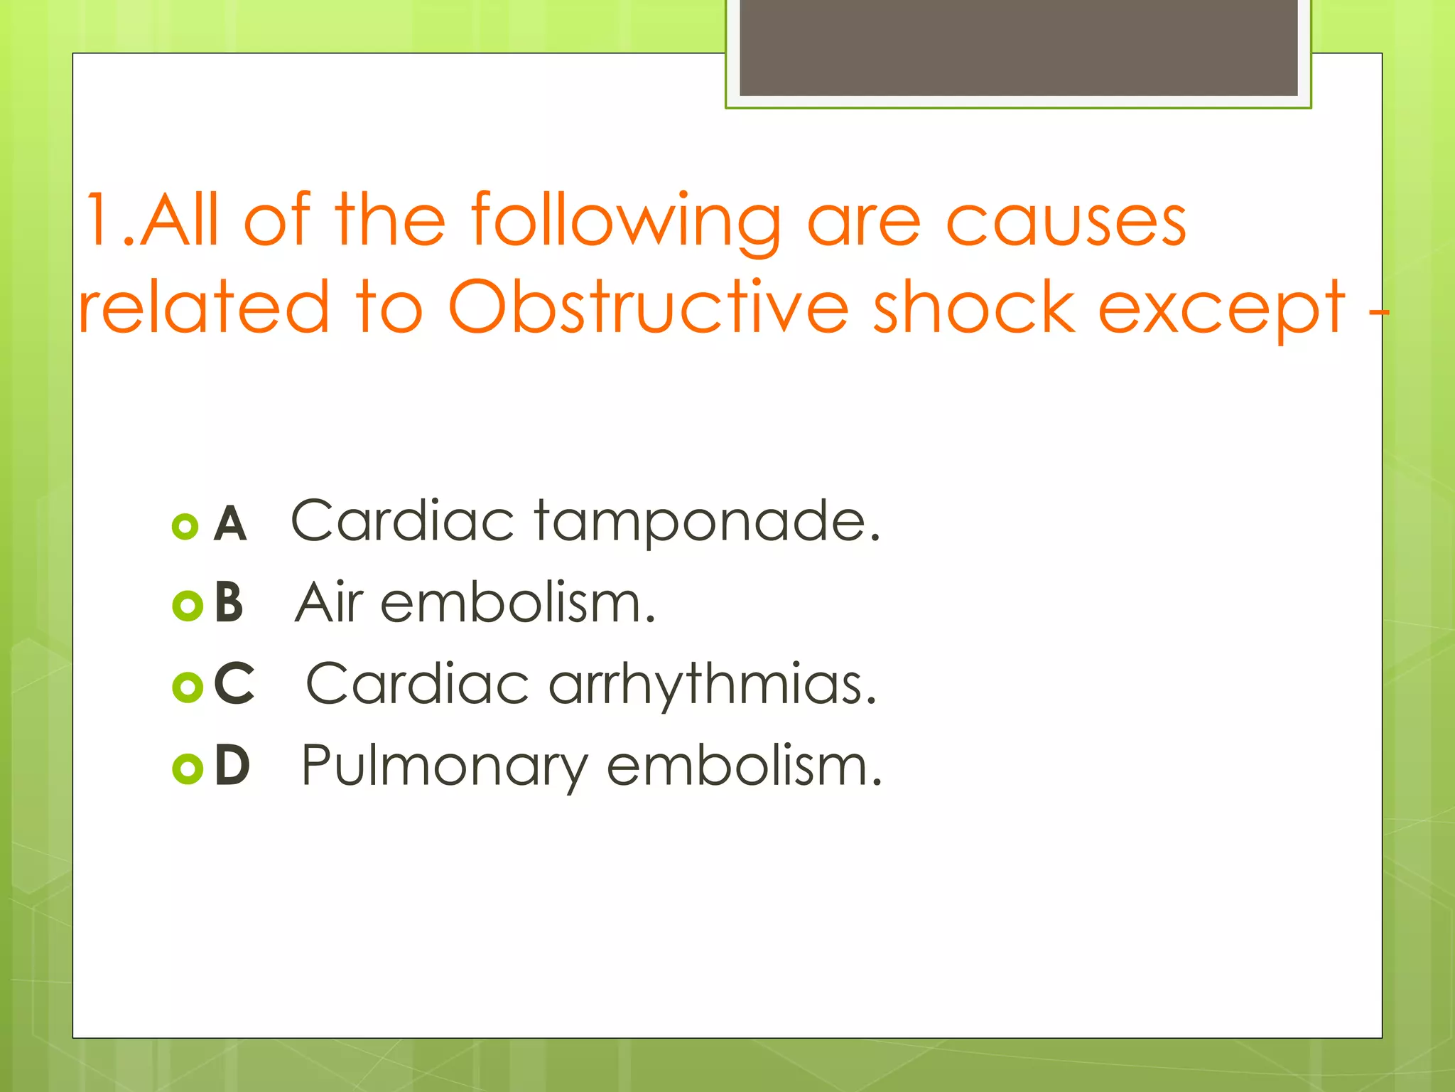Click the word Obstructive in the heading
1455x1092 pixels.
(x=647, y=307)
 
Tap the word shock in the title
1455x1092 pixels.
(x=973, y=307)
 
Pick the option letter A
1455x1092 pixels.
(x=230, y=525)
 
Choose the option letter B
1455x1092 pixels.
(x=229, y=603)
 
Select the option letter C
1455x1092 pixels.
(x=234, y=684)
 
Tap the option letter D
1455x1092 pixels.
(x=232, y=766)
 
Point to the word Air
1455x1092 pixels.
(x=330, y=603)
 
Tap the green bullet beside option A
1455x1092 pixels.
(x=185, y=527)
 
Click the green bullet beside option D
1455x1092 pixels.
(x=188, y=768)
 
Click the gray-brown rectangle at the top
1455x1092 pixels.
(x=1018, y=47)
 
